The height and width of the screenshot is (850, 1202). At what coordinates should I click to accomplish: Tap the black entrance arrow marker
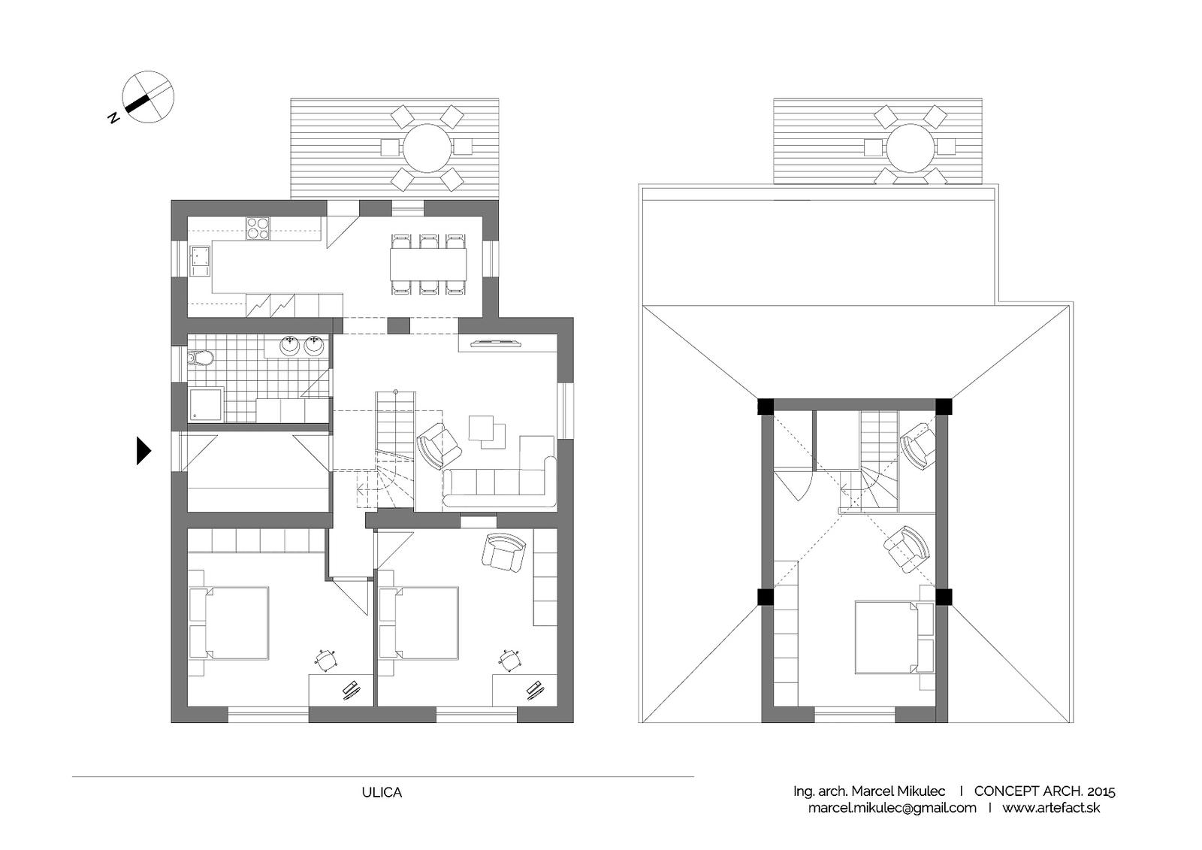[x=143, y=450]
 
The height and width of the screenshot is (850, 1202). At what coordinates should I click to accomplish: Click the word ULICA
[x=382, y=793]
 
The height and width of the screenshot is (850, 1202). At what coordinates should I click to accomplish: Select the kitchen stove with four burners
[x=258, y=228]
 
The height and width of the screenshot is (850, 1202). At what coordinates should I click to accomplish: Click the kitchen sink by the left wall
[x=199, y=261]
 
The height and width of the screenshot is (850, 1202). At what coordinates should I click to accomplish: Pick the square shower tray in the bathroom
[x=206, y=404]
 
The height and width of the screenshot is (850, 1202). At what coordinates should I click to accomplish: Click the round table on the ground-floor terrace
[x=427, y=148]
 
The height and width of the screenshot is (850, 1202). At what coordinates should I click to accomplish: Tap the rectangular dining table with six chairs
[x=427, y=265]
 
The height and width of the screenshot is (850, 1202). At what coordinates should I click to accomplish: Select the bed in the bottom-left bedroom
[x=229, y=623]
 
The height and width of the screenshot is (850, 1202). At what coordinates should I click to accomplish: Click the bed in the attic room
[x=894, y=637]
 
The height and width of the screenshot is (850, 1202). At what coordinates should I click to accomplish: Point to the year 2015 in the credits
[x=1100, y=791]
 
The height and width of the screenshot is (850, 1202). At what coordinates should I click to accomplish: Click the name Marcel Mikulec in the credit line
[x=898, y=791]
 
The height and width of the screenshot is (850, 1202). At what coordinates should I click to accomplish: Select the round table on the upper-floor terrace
[x=911, y=148]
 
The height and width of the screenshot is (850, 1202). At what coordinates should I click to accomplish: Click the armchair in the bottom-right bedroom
[x=503, y=552]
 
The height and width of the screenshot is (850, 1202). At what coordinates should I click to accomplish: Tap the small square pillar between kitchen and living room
[x=398, y=325]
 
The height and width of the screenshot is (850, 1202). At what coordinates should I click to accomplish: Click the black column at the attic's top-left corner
[x=766, y=406]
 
